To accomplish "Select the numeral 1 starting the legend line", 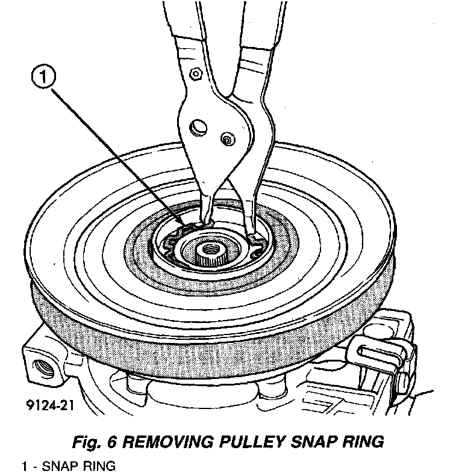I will (25, 466).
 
